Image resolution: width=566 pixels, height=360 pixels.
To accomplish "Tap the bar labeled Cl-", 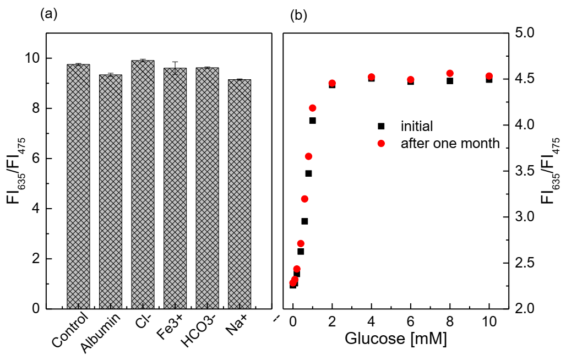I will tap(143, 184).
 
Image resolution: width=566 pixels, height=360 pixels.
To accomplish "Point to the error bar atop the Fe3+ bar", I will tap(175, 67).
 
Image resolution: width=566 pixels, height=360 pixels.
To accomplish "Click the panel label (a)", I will tap(48, 15).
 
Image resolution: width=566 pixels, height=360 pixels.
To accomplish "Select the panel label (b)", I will tap(298, 15).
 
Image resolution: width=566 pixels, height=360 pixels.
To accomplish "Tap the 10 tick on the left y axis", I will tap(34, 58).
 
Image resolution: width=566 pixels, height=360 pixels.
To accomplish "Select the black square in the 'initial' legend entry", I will tap(380, 126).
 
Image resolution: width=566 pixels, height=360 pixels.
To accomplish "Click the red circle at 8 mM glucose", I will tap(449, 73).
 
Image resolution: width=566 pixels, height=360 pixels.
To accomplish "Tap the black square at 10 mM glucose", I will tap(488, 80).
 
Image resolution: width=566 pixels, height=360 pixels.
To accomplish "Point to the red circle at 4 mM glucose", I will tap(371, 77).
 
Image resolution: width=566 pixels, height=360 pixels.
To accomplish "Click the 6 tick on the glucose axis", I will tap(410, 321).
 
